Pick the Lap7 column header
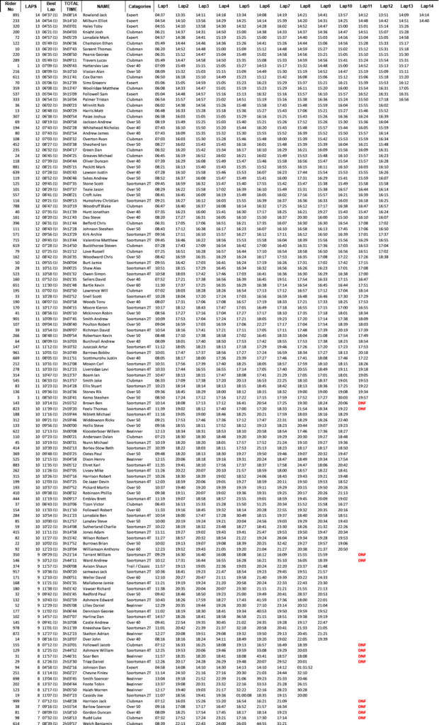(284, 6)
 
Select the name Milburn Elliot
(98, 21)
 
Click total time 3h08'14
(70, 15)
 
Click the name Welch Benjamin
(98, 722)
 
